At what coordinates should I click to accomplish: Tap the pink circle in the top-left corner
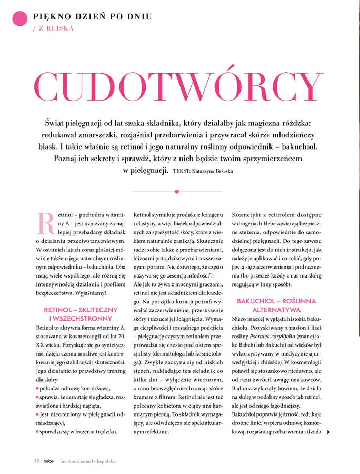tap(20, 18)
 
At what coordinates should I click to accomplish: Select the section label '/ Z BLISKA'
tap(53, 28)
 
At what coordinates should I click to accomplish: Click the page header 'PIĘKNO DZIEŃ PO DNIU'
tap(92, 16)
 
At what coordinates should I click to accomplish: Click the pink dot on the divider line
tap(177, 191)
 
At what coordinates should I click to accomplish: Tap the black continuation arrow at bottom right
tap(329, 432)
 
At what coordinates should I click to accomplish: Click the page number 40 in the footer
tap(36, 461)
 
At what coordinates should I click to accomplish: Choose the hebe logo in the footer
tap(48, 461)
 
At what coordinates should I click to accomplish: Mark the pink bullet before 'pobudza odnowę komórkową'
tap(37, 388)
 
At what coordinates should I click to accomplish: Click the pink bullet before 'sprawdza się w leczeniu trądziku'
tap(37, 432)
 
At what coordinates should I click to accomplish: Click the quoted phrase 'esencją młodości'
tap(188, 275)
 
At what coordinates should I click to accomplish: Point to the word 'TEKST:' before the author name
tap(182, 171)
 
